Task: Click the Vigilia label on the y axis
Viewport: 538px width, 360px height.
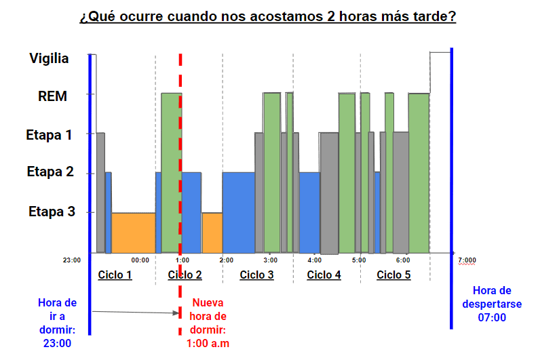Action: tap(49, 58)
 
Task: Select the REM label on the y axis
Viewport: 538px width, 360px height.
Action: tap(52, 96)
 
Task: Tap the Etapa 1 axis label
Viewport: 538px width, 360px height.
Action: tap(49, 135)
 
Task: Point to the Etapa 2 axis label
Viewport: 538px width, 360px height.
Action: tap(50, 172)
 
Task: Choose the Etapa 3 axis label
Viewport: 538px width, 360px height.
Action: tap(52, 212)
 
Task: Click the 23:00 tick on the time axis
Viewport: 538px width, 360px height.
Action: tap(72, 260)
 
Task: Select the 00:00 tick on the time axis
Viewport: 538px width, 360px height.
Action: tap(140, 260)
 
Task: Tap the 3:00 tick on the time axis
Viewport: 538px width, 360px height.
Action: tap(270, 260)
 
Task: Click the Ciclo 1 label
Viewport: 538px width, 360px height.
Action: tap(115, 275)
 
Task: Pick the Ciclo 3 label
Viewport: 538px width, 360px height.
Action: tap(257, 275)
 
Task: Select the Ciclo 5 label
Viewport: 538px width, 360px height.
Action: tap(393, 275)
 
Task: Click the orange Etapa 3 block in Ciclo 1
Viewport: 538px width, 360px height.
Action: tap(134, 233)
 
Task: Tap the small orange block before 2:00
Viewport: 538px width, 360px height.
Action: tap(212, 233)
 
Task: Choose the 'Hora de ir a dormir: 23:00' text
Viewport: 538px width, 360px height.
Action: tap(58, 323)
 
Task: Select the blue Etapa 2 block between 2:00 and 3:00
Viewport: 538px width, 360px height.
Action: tap(239, 212)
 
